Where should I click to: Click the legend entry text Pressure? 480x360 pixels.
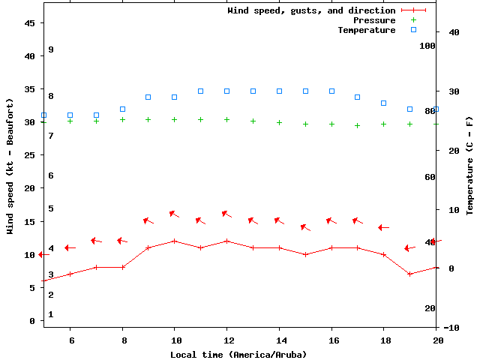(x=374, y=20)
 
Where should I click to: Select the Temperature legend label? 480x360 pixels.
(x=366, y=30)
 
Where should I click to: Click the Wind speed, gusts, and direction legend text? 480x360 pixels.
(x=311, y=10)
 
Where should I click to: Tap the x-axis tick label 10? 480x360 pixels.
(x=175, y=340)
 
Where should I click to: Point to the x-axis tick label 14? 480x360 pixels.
(x=279, y=340)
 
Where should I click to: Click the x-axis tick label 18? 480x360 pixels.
(x=383, y=340)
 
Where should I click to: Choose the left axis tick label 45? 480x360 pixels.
(x=30, y=23)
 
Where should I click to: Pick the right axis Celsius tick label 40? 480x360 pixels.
(x=452, y=32)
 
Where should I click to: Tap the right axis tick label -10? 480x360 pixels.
(x=452, y=328)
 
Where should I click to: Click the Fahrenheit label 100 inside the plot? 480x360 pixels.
(x=427, y=46)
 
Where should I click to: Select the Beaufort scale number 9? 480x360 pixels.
(x=51, y=49)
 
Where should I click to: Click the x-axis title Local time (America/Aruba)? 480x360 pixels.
(x=238, y=354)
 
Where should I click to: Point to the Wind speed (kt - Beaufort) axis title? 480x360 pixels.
(x=10, y=166)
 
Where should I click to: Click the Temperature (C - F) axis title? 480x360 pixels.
(x=469, y=165)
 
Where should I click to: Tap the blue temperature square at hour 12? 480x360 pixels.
(x=226, y=91)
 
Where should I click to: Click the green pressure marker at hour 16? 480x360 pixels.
(x=331, y=124)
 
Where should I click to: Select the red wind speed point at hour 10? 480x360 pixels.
(x=175, y=241)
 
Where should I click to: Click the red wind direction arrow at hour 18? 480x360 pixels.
(x=383, y=227)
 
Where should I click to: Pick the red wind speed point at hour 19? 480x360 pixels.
(x=409, y=274)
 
